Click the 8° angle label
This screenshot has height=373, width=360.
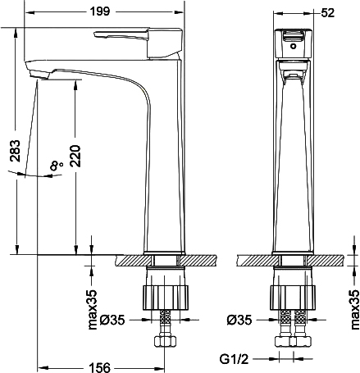[56, 166]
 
